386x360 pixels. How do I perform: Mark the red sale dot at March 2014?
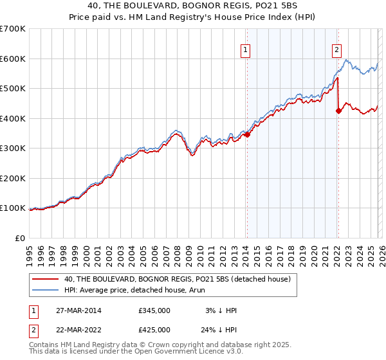pyautogui.click(x=247, y=134)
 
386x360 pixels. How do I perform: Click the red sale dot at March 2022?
pyautogui.click(x=338, y=111)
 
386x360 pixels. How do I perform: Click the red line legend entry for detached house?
pyautogui.click(x=178, y=279)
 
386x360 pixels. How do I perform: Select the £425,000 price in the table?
pyautogui.click(x=154, y=329)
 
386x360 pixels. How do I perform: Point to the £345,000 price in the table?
pyautogui.click(x=154, y=310)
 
